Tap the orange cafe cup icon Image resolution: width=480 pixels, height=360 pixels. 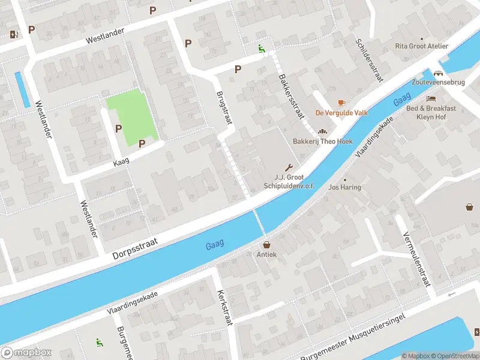tap(341, 103)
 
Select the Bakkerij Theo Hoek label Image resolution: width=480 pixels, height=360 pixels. tap(322, 142)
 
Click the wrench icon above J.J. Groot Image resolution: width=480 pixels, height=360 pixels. tap(290, 167)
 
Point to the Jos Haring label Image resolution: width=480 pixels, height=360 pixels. tap(345, 187)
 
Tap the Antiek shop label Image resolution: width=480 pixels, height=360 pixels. tap(266, 254)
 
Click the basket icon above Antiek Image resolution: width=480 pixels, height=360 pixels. tap(266, 244)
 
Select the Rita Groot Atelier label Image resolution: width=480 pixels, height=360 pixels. tap(422, 46)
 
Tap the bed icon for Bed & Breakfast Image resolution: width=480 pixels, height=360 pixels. tap(430, 98)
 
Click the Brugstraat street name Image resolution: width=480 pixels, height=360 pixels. tap(224, 108)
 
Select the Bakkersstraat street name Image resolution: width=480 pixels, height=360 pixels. tap(292, 97)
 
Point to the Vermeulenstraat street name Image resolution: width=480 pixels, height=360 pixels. tap(417, 259)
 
